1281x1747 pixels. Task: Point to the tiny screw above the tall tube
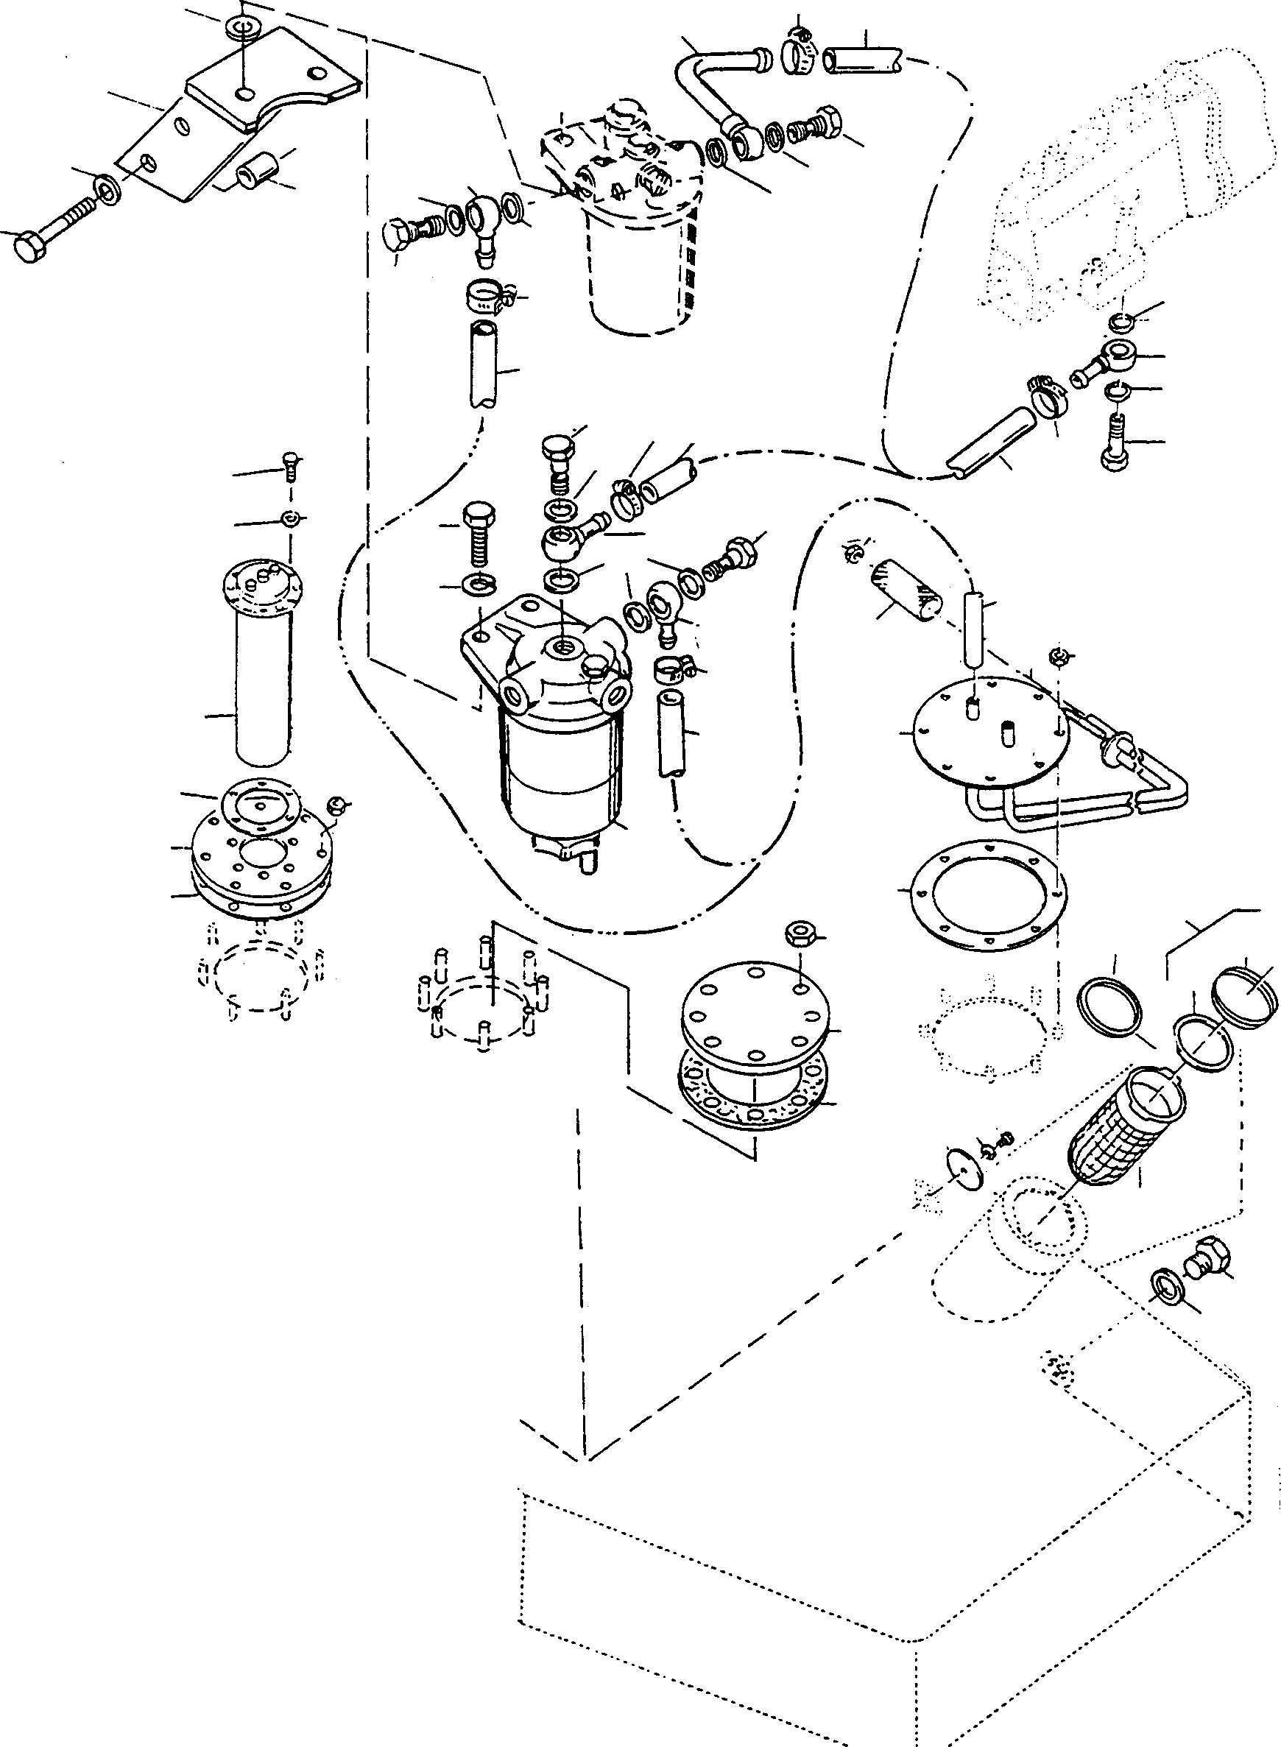click(x=292, y=463)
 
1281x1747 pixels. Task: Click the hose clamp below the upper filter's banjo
click(x=486, y=296)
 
